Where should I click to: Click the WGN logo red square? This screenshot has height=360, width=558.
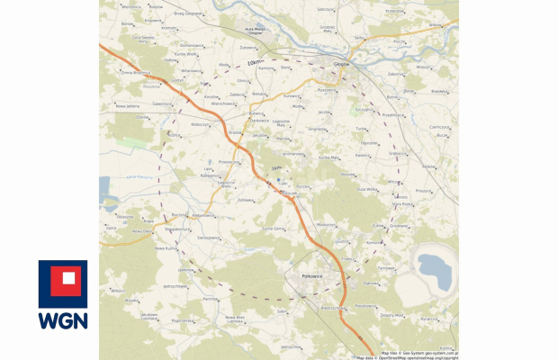pyautogui.click(x=63, y=282)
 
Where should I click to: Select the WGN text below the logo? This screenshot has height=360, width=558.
pyautogui.click(x=63, y=319)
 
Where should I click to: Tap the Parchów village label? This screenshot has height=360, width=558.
pyautogui.click(x=211, y=298)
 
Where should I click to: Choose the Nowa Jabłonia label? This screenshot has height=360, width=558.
pyautogui.click(x=127, y=105)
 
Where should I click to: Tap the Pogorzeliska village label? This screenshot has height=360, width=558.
pyautogui.click(x=184, y=320)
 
